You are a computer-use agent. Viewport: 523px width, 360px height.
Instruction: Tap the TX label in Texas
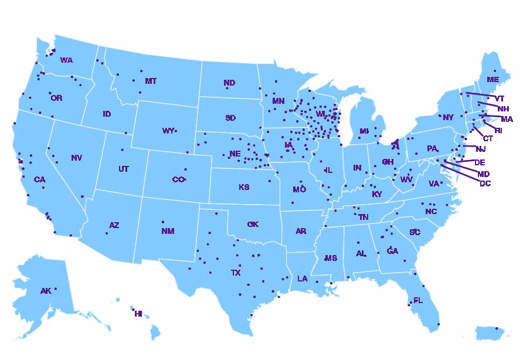(x=236, y=273)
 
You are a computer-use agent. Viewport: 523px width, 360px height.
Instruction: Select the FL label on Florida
(x=417, y=300)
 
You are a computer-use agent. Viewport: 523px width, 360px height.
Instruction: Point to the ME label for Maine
(x=493, y=79)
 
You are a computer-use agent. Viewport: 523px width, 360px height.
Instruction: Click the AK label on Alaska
(x=46, y=291)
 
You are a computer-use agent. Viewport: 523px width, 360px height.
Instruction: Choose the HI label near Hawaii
(x=138, y=314)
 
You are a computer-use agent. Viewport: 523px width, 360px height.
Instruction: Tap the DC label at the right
(x=485, y=184)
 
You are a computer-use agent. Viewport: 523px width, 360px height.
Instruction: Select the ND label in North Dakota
(x=229, y=83)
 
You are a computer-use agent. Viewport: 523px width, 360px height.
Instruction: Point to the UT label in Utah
(x=123, y=169)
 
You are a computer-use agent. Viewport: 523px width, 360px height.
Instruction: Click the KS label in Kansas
(x=244, y=188)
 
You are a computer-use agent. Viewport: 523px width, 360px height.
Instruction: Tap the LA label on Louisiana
(x=302, y=279)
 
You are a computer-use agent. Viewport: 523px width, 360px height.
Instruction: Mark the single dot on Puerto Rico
(x=496, y=328)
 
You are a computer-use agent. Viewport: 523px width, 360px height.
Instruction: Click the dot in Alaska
(x=56, y=289)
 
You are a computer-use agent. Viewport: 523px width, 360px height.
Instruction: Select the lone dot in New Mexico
(x=162, y=222)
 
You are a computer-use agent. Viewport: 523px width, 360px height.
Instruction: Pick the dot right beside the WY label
(x=175, y=130)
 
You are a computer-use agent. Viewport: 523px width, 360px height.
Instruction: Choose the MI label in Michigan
(x=364, y=131)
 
